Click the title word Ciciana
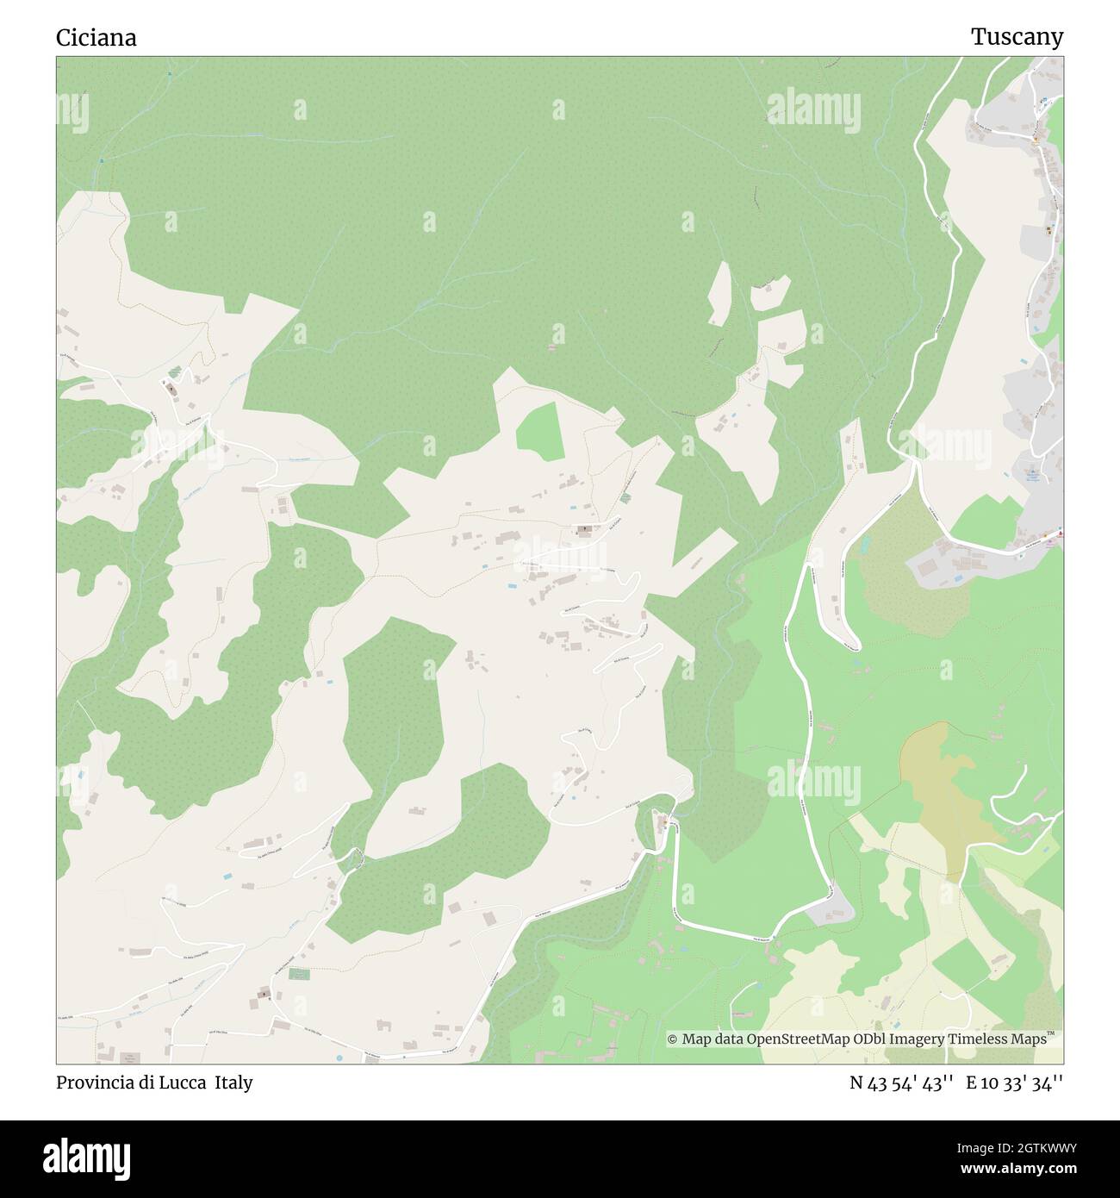coord(96,38)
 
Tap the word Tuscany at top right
coord(1017,37)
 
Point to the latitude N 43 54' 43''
coord(900,1083)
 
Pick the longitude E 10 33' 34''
coord(1014,1083)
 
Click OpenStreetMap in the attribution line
coord(786,1039)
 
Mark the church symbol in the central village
coord(585,528)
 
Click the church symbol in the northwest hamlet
coord(171,389)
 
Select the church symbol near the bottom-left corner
coord(264,995)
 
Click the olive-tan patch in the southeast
coord(943,797)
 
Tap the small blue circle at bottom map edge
coord(339,1058)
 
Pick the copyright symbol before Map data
coord(673,1039)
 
